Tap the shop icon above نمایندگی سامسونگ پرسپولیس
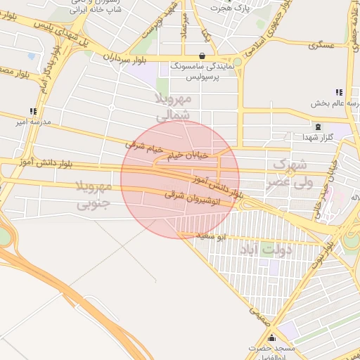202,56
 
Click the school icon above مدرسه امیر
33,111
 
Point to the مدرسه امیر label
34,122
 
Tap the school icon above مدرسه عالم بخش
339,92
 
